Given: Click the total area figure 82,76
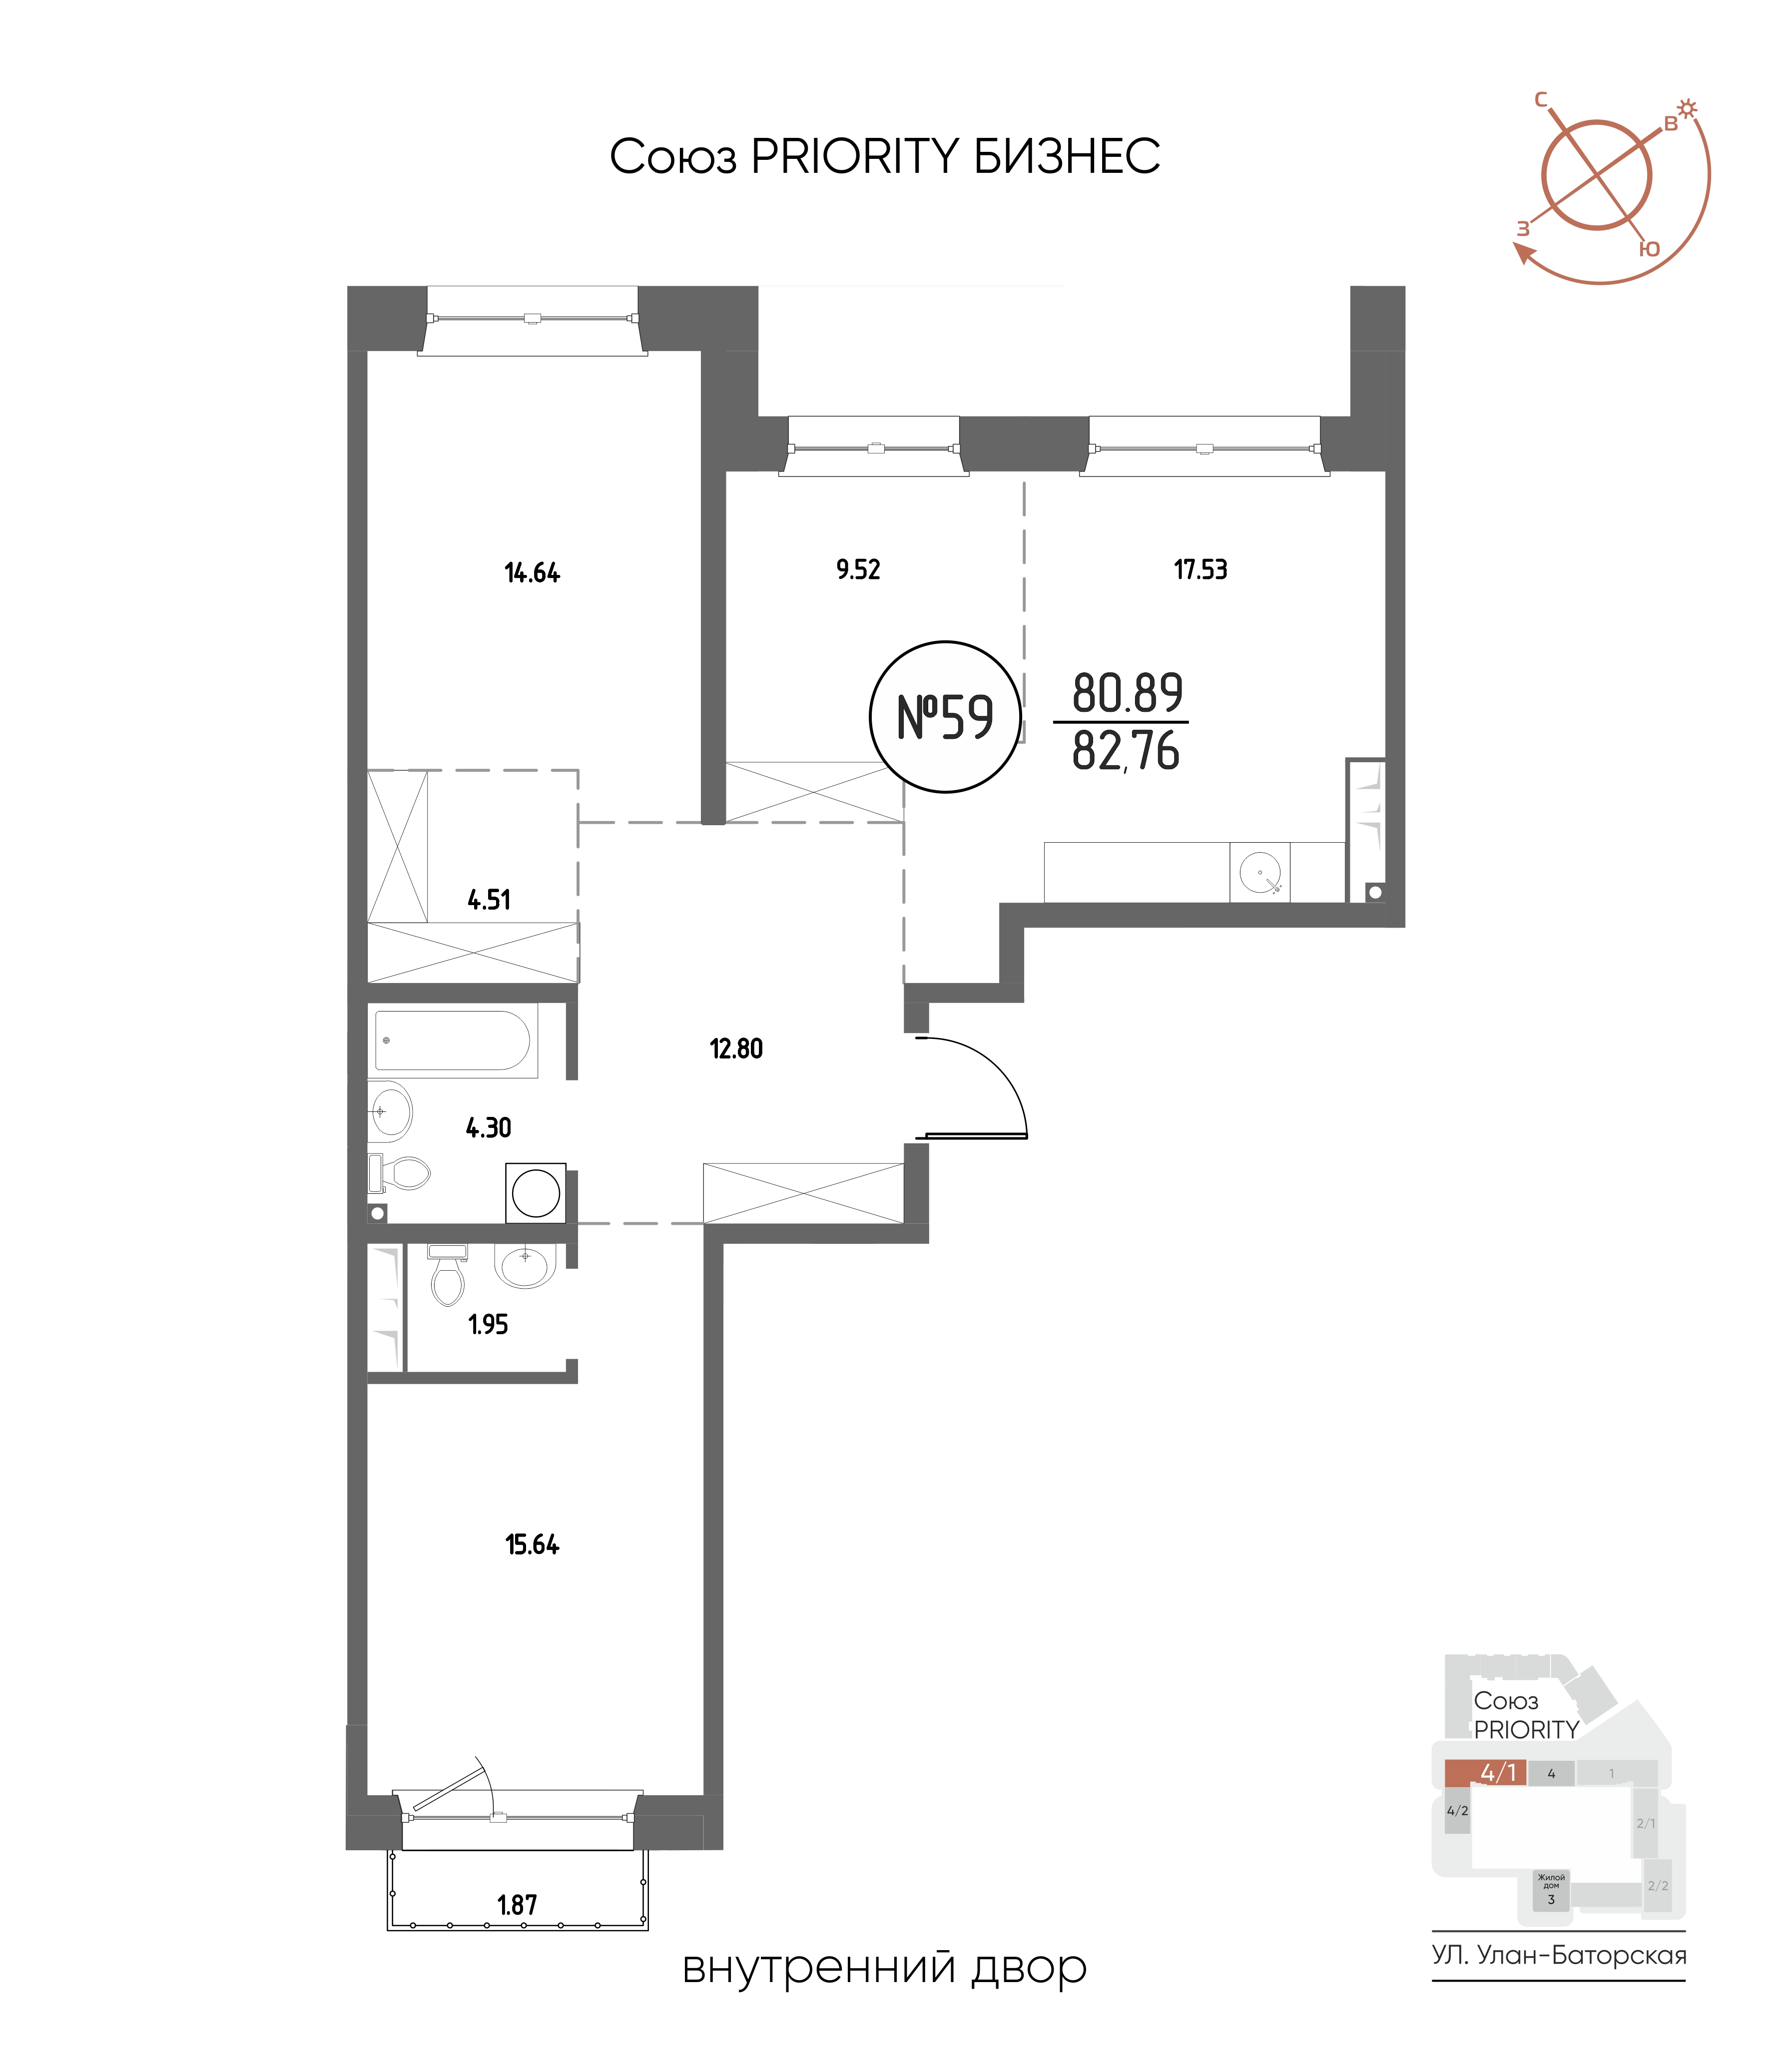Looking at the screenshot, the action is [1126, 752].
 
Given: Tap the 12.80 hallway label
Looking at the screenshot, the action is [736, 1049].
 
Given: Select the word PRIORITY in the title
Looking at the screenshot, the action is [855, 156].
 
